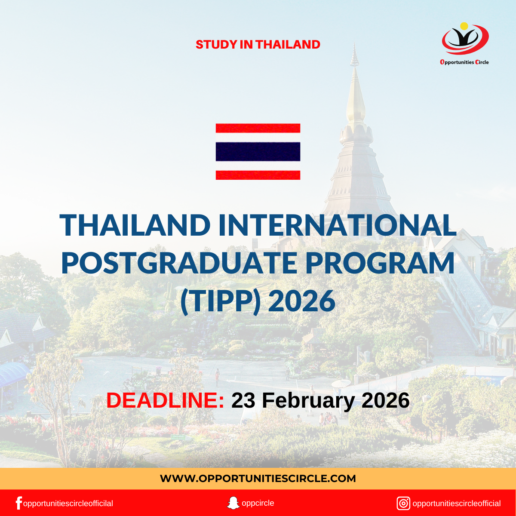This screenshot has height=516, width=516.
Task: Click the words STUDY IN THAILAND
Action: tap(258, 44)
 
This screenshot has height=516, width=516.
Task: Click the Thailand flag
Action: tap(258, 151)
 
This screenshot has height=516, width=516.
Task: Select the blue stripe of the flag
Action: tap(258, 151)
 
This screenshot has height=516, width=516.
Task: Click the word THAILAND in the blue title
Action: tap(135, 225)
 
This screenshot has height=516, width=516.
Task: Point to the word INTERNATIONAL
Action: tap(337, 225)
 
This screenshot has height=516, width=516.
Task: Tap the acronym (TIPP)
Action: tap(221, 301)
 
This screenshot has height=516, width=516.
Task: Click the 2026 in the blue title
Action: tap(301, 301)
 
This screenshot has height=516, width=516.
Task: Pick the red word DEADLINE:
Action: tap(165, 400)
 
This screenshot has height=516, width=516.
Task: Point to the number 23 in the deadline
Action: tap(243, 400)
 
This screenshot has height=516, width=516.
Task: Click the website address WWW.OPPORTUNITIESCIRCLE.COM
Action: tap(258, 478)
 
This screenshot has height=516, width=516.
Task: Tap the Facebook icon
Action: tap(18, 503)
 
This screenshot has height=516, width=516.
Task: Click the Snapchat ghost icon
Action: tap(233, 503)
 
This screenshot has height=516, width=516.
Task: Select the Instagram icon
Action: tap(403, 503)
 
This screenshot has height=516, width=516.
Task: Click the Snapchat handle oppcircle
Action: tap(258, 503)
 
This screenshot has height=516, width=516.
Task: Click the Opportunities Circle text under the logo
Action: tap(464, 62)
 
